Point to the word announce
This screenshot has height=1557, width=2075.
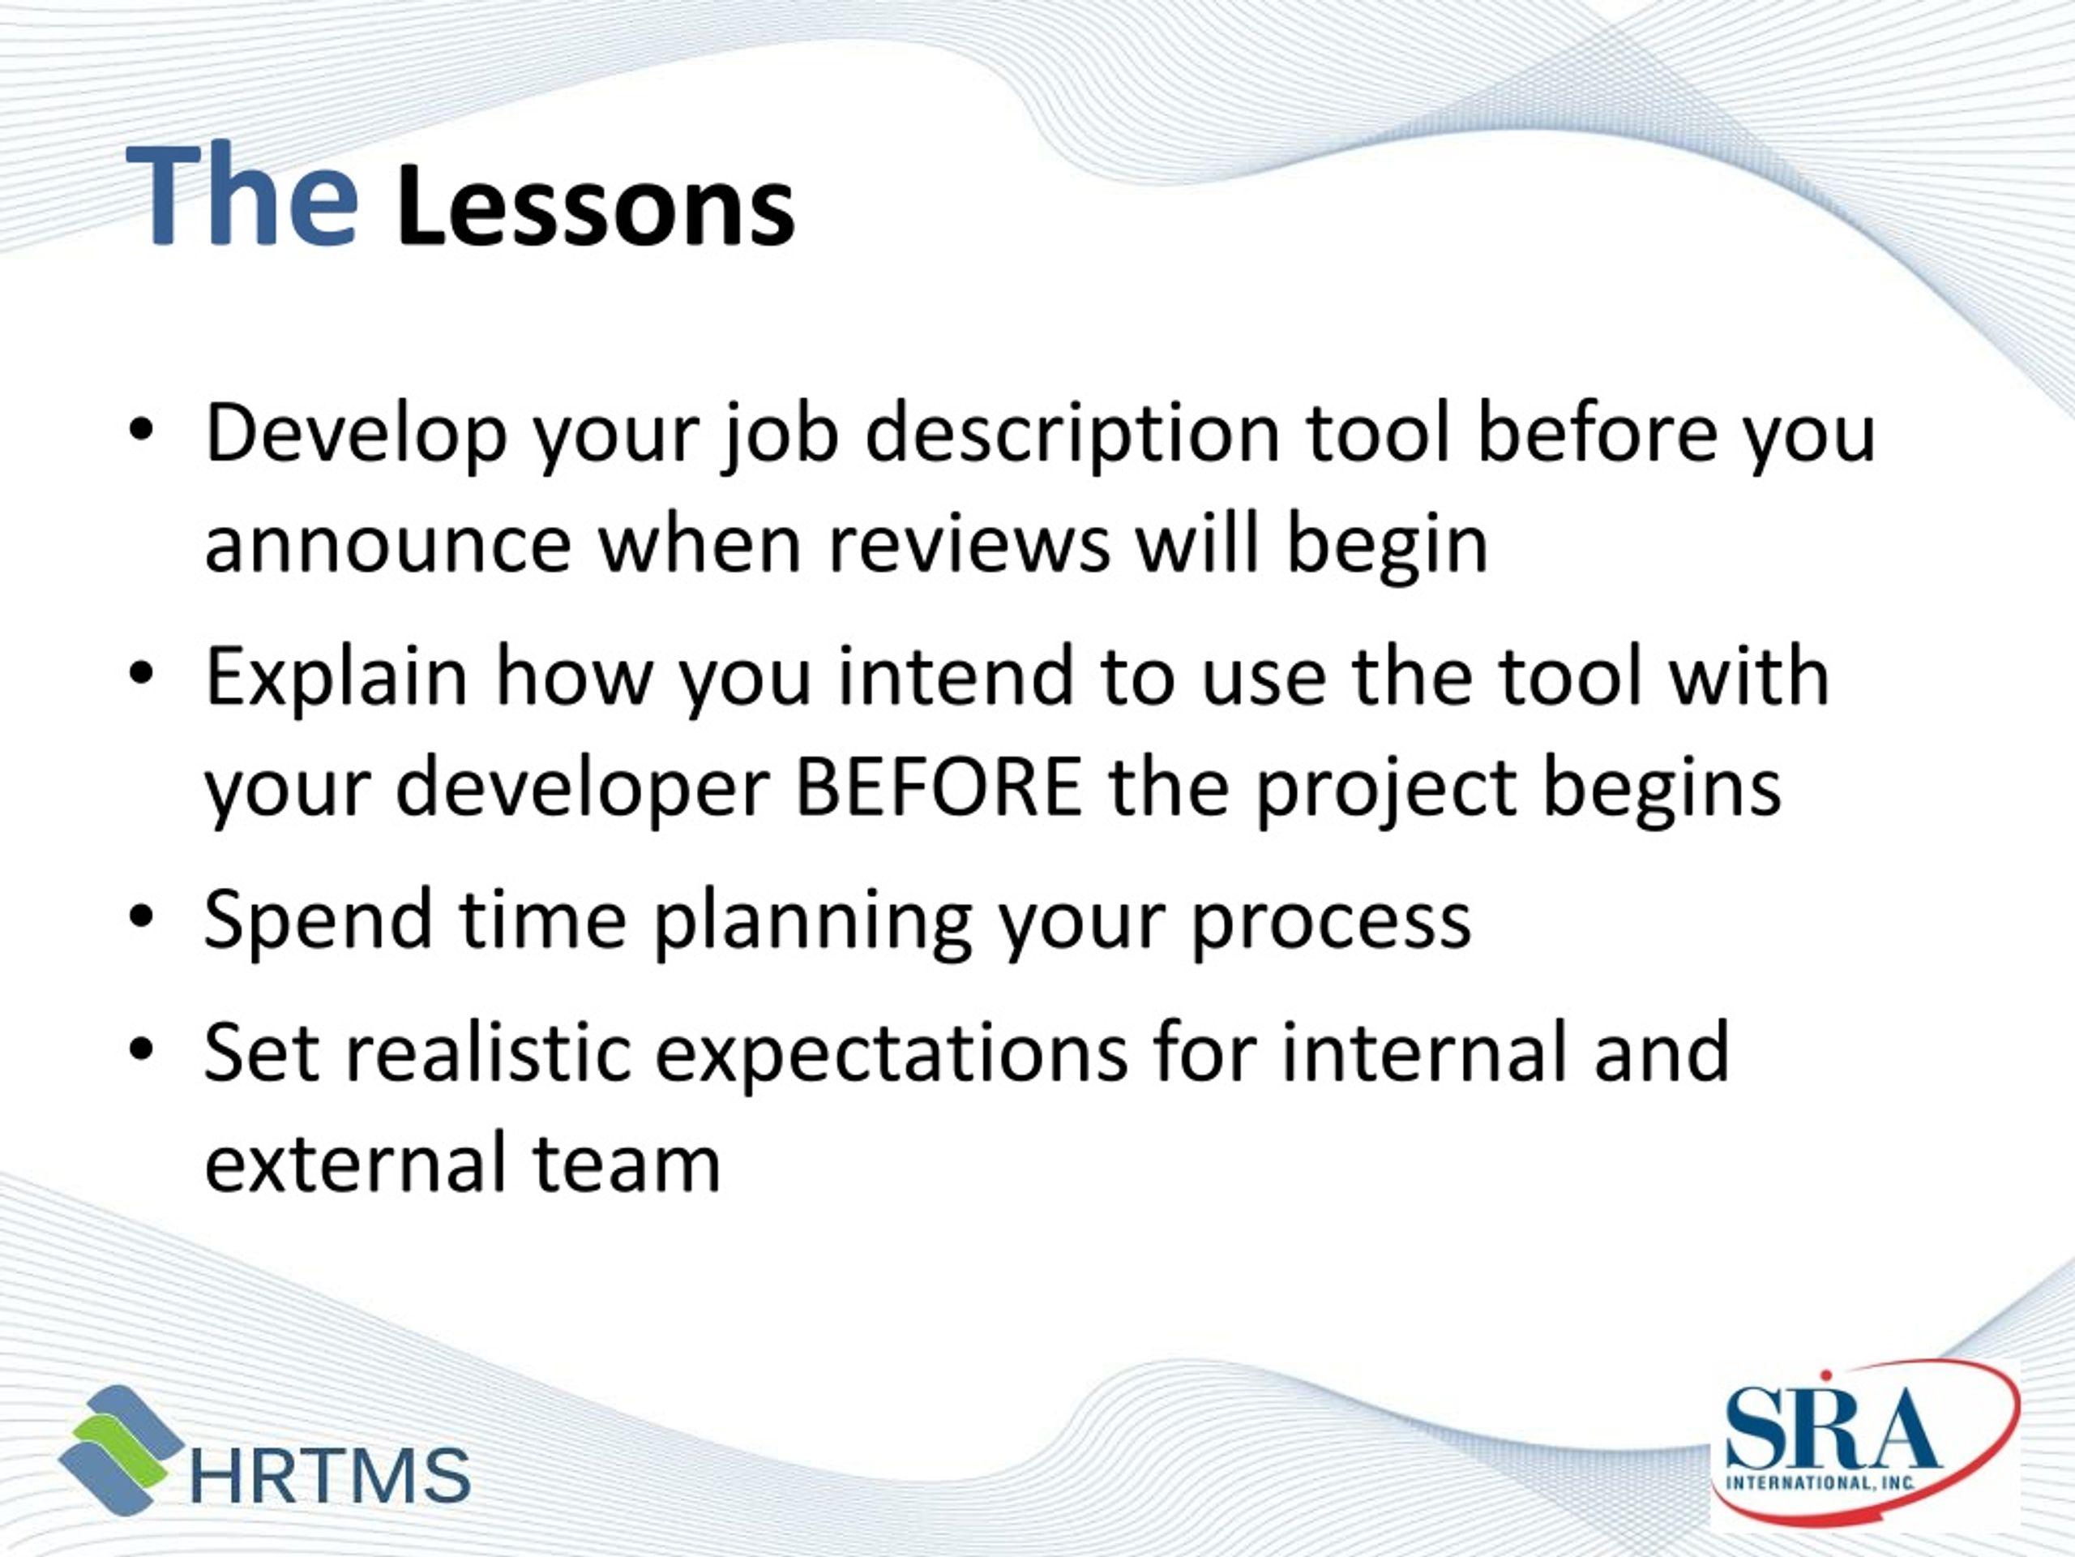387,547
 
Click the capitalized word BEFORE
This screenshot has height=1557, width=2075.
937,788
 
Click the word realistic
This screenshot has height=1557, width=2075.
488,1052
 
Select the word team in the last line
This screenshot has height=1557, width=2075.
626,1165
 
